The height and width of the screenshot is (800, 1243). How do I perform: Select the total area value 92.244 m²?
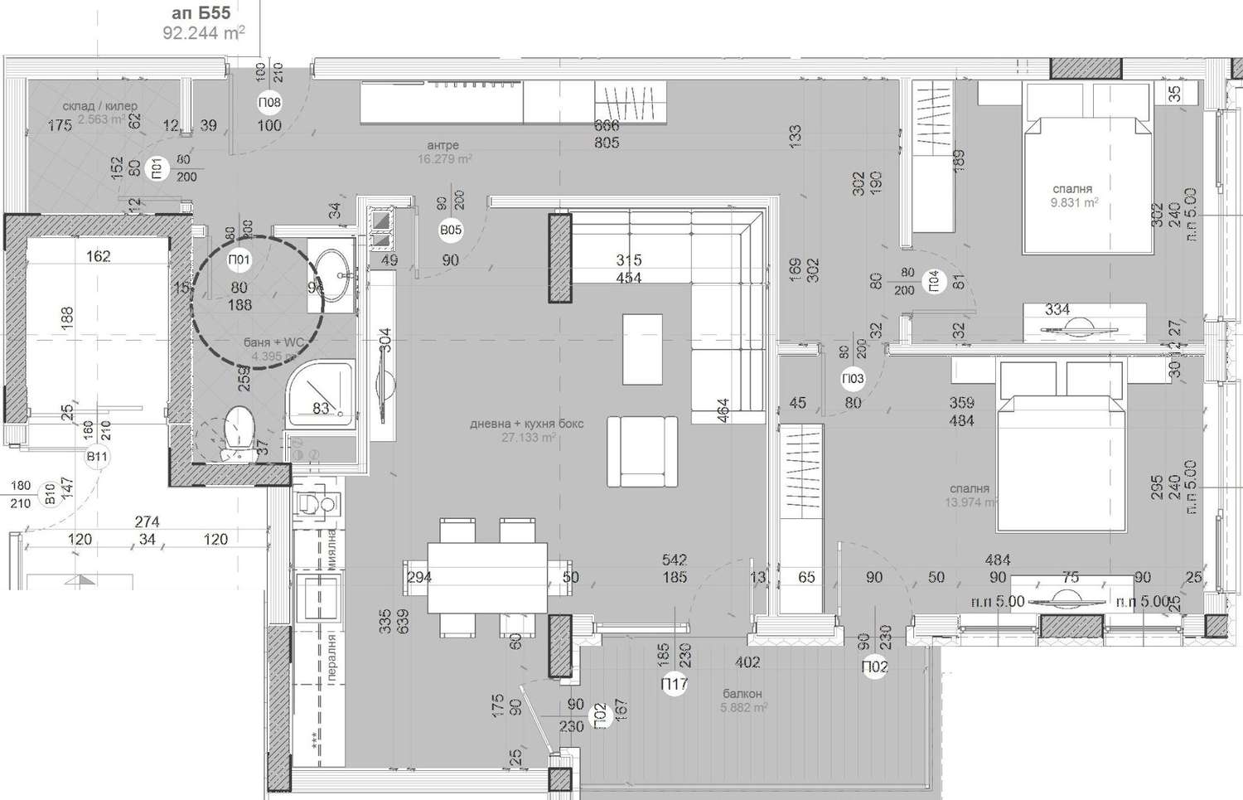(203, 33)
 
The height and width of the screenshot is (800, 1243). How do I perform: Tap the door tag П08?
(269, 103)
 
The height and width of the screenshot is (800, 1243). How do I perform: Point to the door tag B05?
(451, 230)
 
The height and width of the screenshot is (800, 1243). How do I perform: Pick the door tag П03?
(853, 379)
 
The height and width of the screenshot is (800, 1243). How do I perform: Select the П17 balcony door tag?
(675, 684)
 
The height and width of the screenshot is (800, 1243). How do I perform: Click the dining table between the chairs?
(487, 577)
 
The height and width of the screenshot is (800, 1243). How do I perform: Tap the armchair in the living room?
(642, 451)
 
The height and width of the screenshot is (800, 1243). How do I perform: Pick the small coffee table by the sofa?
(642, 348)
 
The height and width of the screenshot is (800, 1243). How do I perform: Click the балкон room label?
(742, 694)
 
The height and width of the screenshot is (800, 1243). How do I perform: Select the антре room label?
(443, 146)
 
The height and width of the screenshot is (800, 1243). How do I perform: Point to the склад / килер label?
(99, 106)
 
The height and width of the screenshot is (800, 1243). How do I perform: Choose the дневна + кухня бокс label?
(527, 424)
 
